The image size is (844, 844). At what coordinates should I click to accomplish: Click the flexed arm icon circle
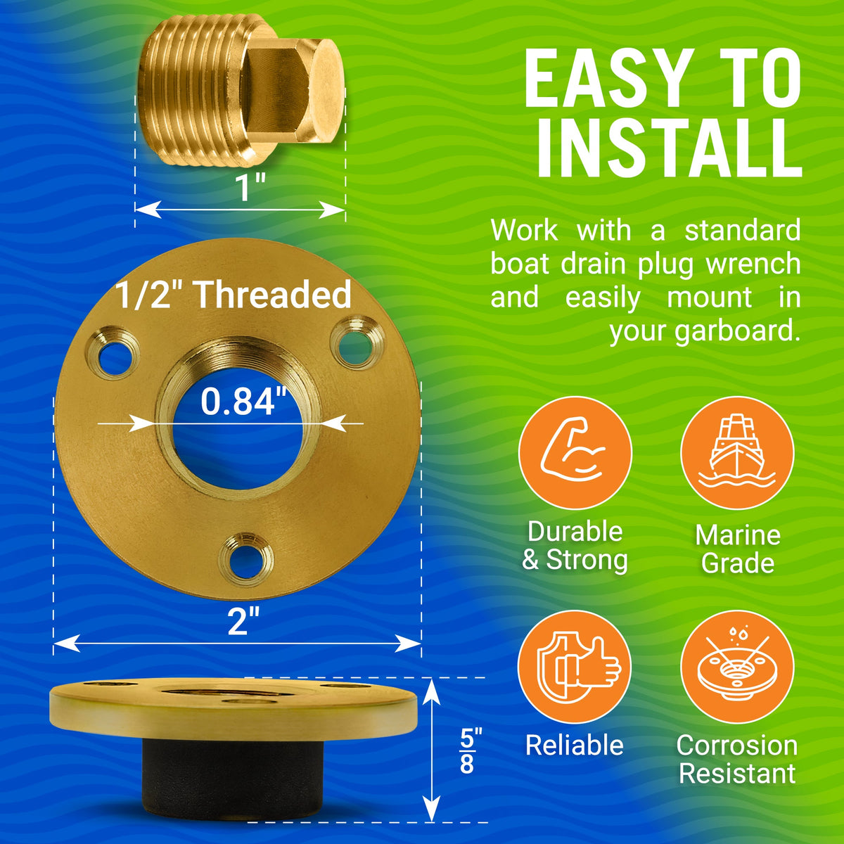coord(575,452)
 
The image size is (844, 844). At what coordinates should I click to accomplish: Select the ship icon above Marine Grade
coord(736,452)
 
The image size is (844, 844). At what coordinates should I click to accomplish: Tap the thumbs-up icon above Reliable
coord(575,666)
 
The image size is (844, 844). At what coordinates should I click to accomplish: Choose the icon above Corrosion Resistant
coord(736,666)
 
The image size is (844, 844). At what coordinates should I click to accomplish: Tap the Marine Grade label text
coord(737,549)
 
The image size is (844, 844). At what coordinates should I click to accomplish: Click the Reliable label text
coord(575,745)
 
